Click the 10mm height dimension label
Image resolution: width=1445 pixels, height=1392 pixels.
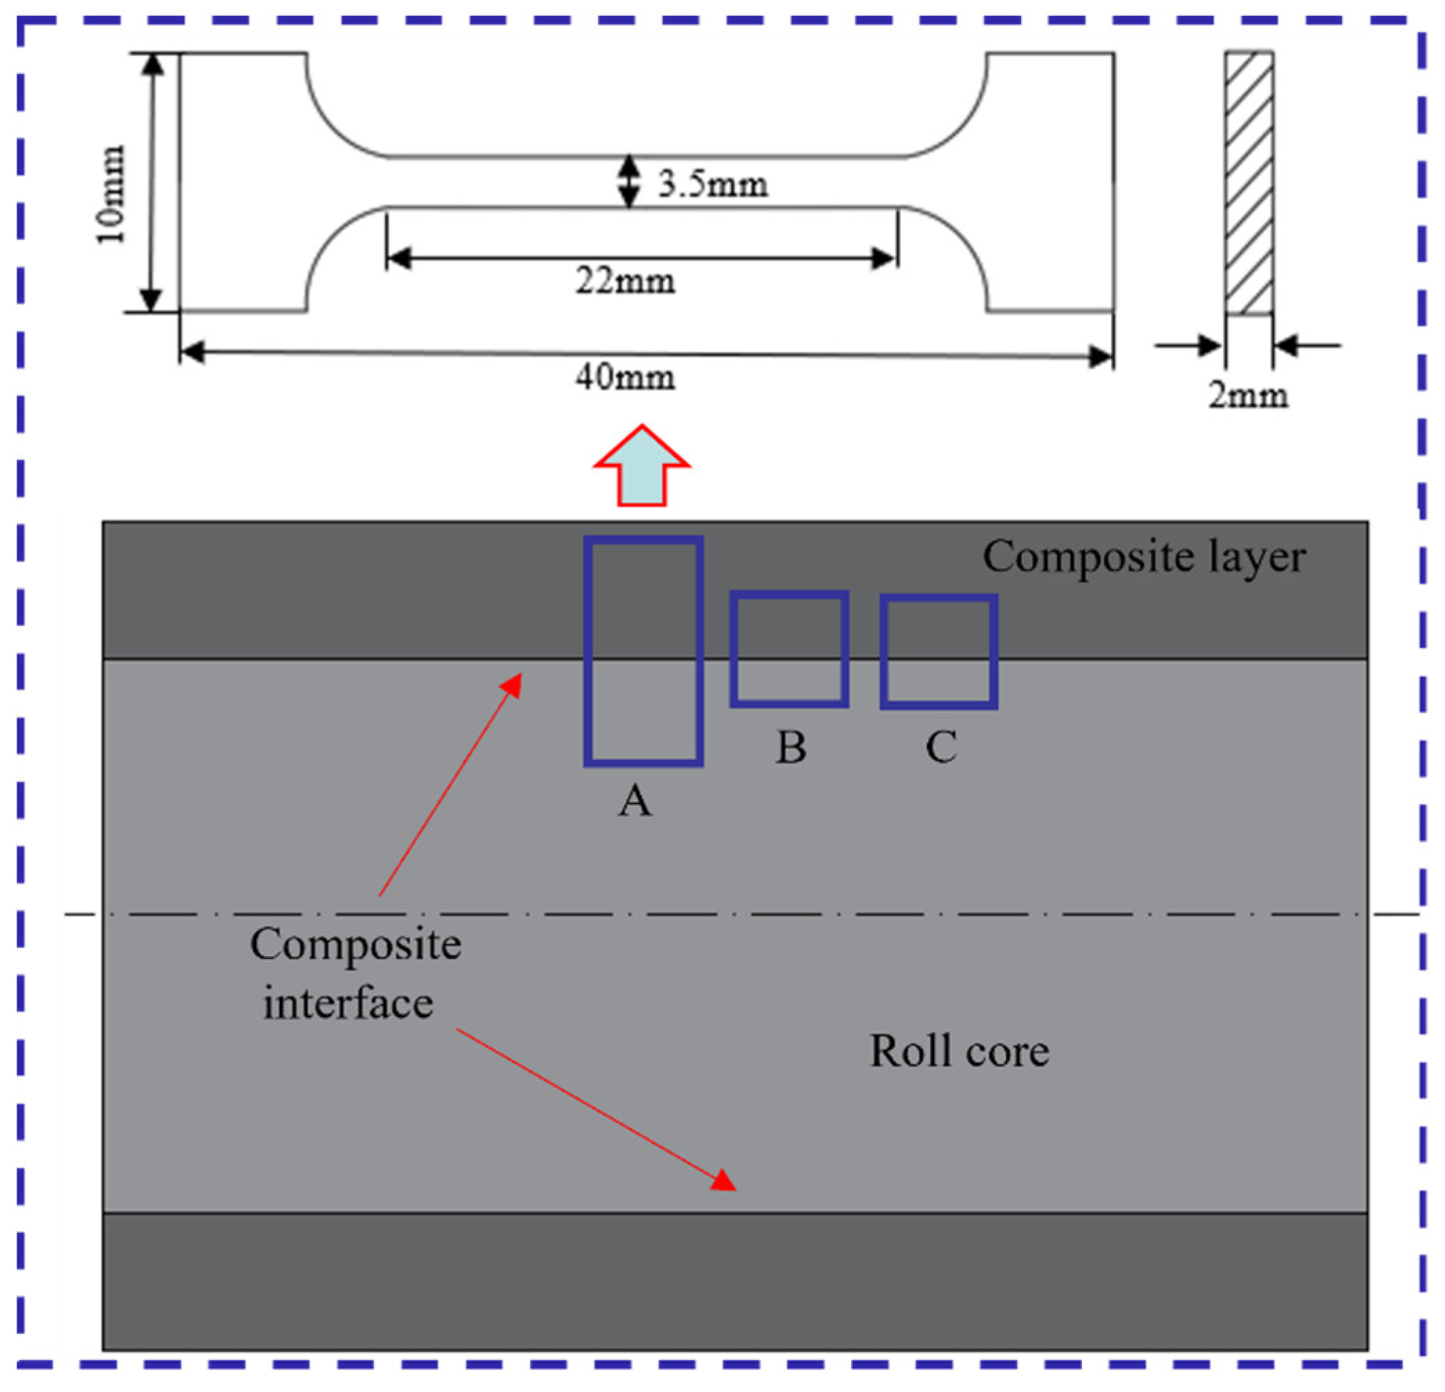111,194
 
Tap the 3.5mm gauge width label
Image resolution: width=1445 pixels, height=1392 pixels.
712,185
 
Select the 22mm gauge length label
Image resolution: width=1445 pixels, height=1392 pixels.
625,281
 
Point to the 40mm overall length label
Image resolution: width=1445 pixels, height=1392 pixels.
625,378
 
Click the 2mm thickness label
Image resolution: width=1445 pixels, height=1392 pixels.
1247,396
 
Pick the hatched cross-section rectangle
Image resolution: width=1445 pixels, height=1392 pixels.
1249,183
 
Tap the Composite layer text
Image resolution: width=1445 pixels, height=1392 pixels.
1144,557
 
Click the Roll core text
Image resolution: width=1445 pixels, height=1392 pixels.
959,1050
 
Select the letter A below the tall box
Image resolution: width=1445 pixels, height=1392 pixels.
635,801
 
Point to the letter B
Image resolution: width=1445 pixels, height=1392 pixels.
791,748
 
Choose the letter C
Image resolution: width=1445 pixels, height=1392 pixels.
941,747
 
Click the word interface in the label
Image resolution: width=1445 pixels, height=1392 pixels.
348,1003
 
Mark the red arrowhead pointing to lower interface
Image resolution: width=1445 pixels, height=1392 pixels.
724,1180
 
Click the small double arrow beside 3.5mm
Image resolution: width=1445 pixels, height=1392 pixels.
628,181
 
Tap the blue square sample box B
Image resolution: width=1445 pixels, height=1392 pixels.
789,649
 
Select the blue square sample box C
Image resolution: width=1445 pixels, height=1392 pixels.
938,652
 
